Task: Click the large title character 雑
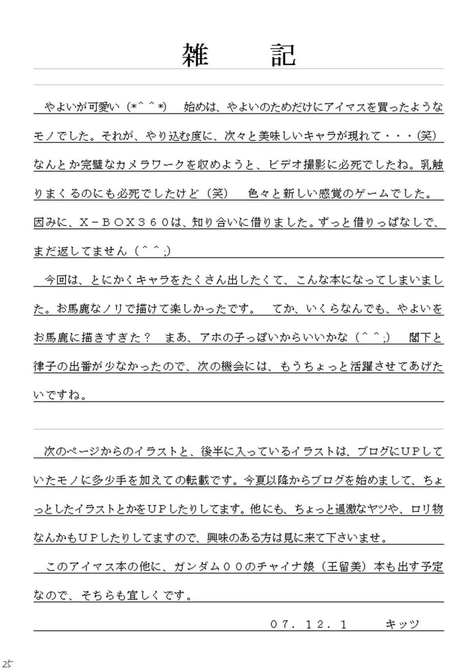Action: coord(195,55)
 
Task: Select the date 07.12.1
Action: coord(308,624)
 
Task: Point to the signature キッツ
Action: coord(402,624)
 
